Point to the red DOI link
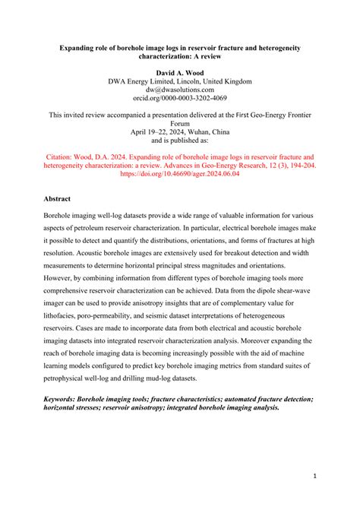coord(179,173)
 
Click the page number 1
coord(314,476)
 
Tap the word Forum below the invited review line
coord(179,123)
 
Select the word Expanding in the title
coord(81,47)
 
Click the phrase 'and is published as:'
coord(179,141)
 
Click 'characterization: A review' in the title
coord(179,56)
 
